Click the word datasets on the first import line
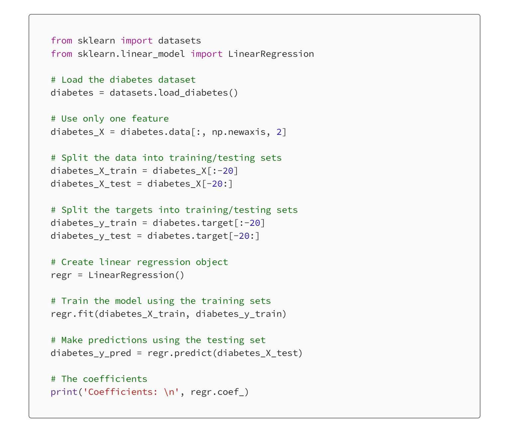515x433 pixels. click(179, 41)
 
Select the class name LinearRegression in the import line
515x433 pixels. click(271, 54)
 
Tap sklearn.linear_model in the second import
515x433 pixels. click(131, 54)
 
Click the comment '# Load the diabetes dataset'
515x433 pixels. click(123, 80)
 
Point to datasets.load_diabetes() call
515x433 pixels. click(174, 93)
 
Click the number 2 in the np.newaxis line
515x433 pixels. click(279, 132)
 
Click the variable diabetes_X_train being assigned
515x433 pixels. click(93, 171)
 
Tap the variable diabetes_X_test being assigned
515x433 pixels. click(91, 184)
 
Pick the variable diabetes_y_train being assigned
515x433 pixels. click(93, 223)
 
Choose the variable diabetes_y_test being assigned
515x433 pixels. click(91, 236)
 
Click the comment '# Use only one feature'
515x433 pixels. click(110, 119)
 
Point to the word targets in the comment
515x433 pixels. click(134, 210)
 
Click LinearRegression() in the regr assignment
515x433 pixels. click(136, 275)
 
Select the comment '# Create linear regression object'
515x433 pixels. click(139, 262)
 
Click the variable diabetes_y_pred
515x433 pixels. click(91, 353)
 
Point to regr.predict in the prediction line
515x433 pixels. click(179, 353)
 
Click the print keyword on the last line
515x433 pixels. click(64, 392)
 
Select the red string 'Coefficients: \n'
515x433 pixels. click(131, 392)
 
